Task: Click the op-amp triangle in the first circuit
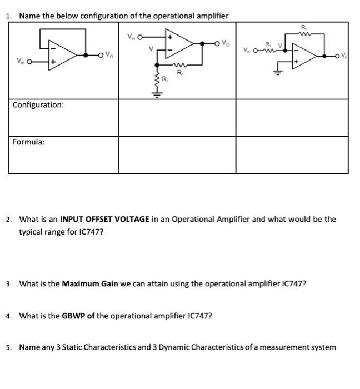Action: coord(64,56)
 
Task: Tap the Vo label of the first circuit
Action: coord(111,54)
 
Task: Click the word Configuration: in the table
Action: coord(38,104)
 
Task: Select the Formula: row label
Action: coord(29,142)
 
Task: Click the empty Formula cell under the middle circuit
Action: coord(177,154)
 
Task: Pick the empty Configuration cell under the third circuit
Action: coord(292,117)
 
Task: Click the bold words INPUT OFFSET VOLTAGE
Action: coord(104,219)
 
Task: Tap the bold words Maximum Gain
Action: coord(89,284)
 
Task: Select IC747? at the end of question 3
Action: coord(292,284)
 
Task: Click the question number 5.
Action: coord(9,347)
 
